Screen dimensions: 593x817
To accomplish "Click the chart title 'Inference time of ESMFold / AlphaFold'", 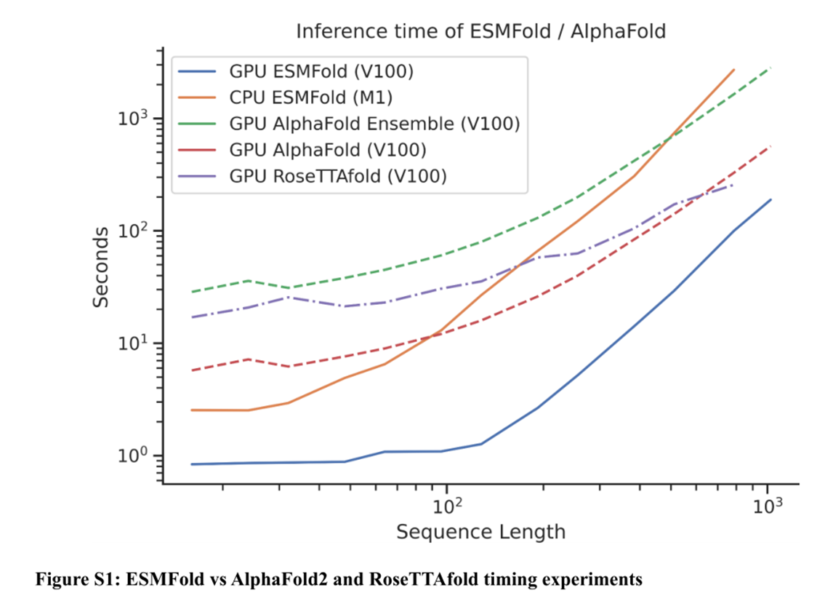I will click(x=480, y=32).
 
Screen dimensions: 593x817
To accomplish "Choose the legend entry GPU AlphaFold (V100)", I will click(x=327, y=150).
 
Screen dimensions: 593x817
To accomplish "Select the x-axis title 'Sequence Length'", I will click(x=480, y=532).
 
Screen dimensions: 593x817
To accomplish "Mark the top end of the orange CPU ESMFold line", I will click(x=734, y=70).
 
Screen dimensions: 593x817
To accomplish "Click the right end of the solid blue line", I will click(x=770, y=199).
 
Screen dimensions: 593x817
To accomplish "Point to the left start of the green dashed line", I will click(x=192, y=292).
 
